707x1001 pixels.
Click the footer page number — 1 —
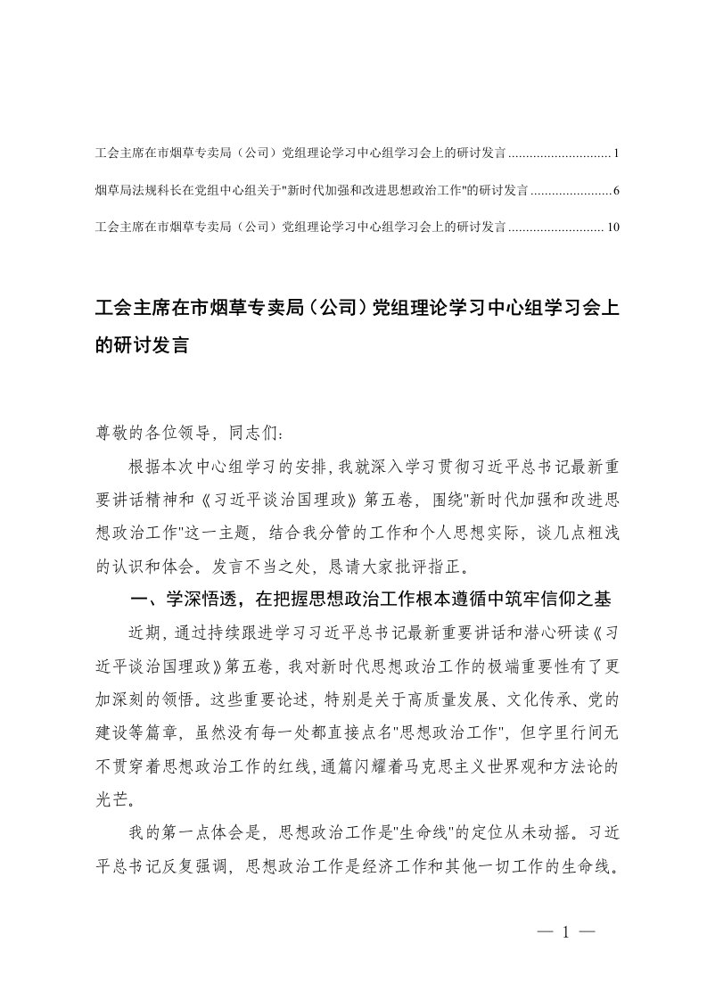click(x=565, y=933)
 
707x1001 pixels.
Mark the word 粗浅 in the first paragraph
click(x=589, y=515)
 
